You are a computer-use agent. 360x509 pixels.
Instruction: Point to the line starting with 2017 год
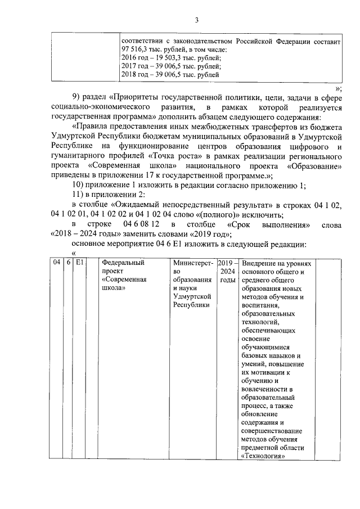click(169, 66)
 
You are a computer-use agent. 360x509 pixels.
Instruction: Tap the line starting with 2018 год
click(169, 74)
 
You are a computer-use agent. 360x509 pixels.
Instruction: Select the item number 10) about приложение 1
click(81, 187)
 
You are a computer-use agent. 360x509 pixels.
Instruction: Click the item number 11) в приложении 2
click(81, 195)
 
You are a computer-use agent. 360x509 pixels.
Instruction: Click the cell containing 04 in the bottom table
click(56, 263)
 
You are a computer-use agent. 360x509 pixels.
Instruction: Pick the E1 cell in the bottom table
click(80, 263)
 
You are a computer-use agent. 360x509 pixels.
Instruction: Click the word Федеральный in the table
click(124, 263)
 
